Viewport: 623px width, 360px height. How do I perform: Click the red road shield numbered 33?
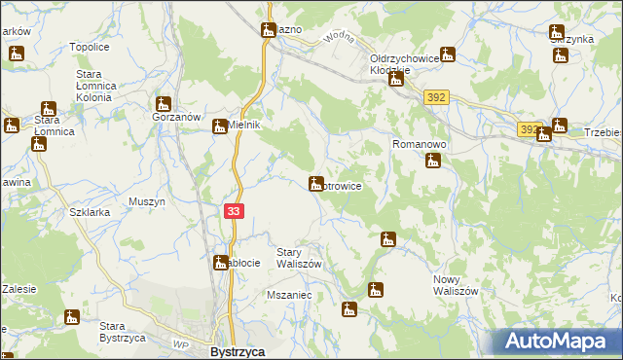(x=233, y=211)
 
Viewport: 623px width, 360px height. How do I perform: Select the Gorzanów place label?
(x=175, y=117)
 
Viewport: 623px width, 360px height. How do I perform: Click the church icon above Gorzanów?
(x=164, y=103)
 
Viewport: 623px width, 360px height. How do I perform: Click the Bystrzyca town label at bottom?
(x=238, y=351)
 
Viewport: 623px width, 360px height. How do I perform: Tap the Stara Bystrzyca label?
(x=123, y=332)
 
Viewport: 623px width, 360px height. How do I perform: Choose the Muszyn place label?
(x=147, y=201)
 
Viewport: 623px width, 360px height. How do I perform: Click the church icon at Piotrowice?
(x=316, y=183)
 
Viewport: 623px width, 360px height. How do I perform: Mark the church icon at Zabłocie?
(x=221, y=262)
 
